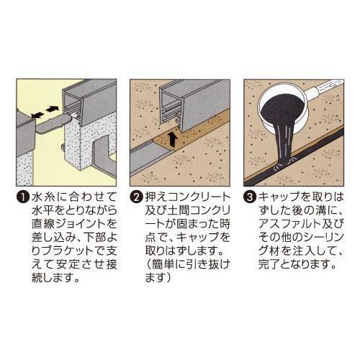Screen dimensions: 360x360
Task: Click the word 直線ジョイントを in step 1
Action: click(61, 224)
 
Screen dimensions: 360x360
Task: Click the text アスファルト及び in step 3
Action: click(295, 224)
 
